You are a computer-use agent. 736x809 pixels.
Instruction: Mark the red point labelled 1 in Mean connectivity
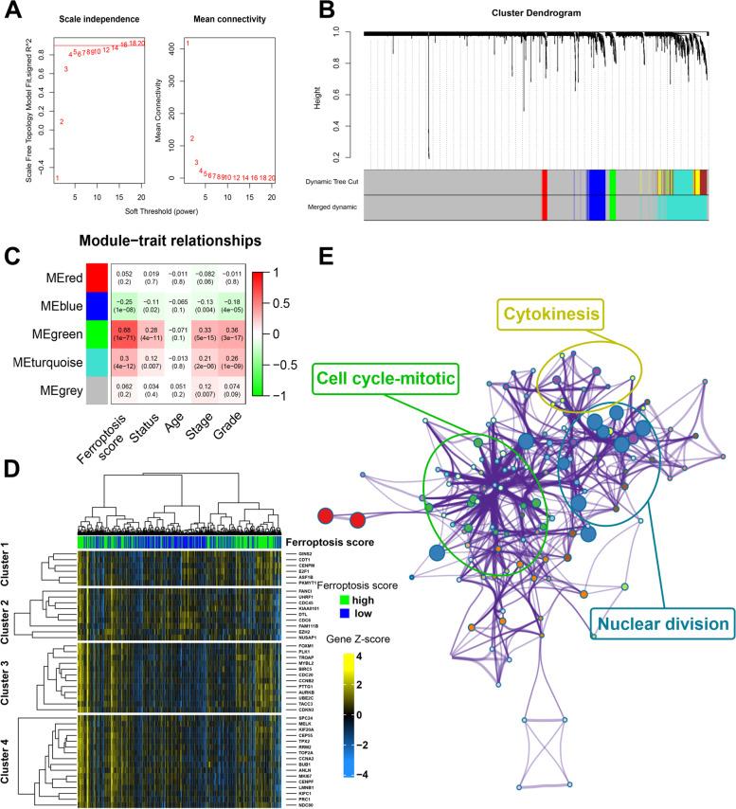[188, 44]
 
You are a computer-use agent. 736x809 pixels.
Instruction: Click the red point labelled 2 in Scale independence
[62, 121]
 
